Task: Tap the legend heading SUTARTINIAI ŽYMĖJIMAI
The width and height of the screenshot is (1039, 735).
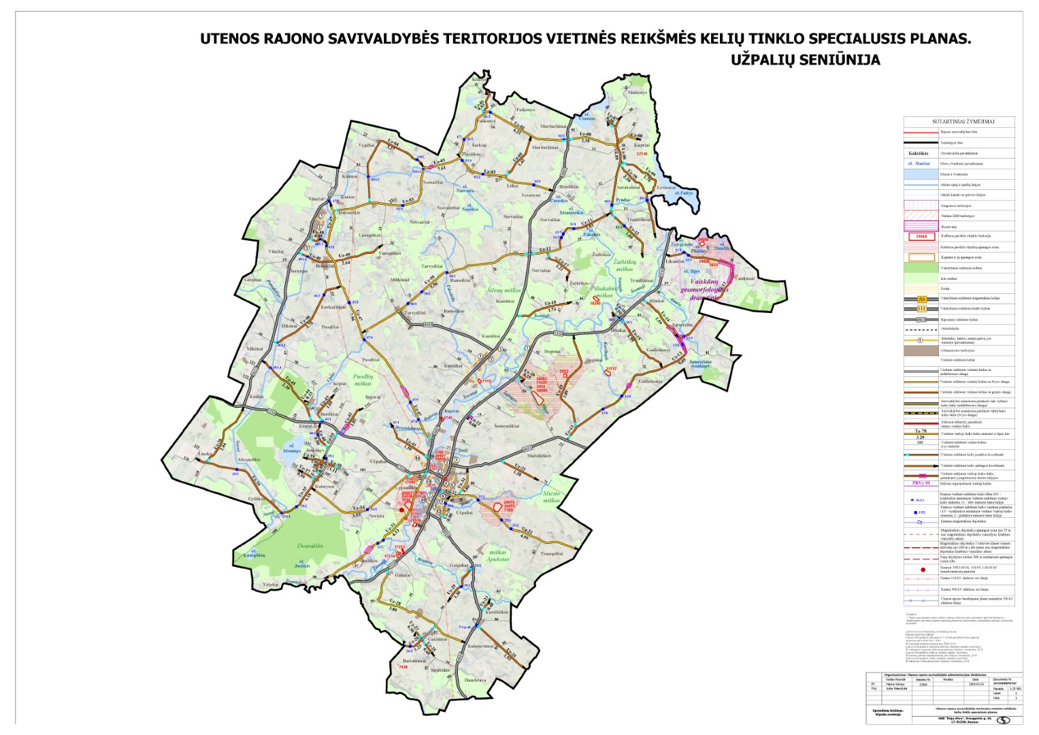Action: pyautogui.click(x=958, y=122)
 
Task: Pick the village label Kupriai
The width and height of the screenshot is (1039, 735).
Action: pyautogui.click(x=643, y=145)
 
